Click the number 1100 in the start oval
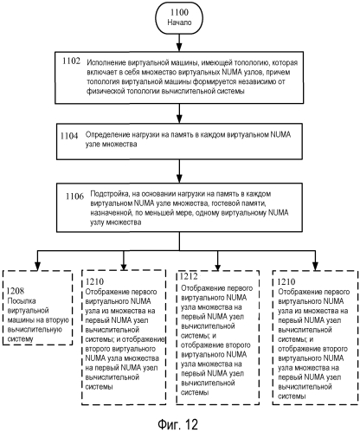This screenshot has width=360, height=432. pos(179,12)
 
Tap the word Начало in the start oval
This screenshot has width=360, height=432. pos(179,23)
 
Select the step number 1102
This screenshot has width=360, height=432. pos(71,61)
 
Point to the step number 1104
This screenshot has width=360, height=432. pos(69,136)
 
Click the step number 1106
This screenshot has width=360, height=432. pos(74,197)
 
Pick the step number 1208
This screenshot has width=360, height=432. pos(16,290)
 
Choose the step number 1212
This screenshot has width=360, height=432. pos(189,276)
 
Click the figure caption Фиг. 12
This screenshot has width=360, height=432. pos(178,424)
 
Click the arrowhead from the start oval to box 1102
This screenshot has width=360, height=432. pos(179,48)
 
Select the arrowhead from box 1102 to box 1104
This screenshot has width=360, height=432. pos(179,119)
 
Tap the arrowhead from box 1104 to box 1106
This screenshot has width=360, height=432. pos(179,178)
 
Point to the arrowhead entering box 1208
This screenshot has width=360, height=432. pos(37,266)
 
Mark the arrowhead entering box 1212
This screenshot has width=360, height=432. pos(218,266)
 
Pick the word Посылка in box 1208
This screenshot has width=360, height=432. pos(22,301)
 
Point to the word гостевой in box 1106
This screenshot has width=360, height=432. pos(225,203)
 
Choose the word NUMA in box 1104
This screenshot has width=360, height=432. pos(280,134)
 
